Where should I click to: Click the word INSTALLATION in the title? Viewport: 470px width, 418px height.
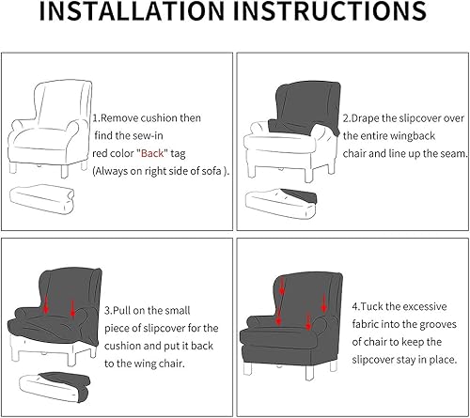[132, 11]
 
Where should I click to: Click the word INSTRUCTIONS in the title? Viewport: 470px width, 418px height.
[330, 11]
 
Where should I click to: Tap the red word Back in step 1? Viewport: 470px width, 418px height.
[152, 153]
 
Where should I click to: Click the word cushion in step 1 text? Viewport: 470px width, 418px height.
[159, 118]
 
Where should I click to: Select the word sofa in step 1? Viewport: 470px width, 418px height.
[211, 171]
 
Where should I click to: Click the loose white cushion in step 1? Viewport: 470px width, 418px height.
[42, 199]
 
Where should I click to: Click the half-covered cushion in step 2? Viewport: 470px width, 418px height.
[281, 203]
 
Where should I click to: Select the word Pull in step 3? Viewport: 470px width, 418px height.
[123, 311]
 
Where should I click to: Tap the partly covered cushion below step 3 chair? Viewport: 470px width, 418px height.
[55, 387]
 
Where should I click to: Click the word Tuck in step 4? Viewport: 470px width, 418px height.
[371, 306]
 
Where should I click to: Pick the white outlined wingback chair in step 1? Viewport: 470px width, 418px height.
[50, 128]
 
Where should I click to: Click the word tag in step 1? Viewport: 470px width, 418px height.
[178, 154]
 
